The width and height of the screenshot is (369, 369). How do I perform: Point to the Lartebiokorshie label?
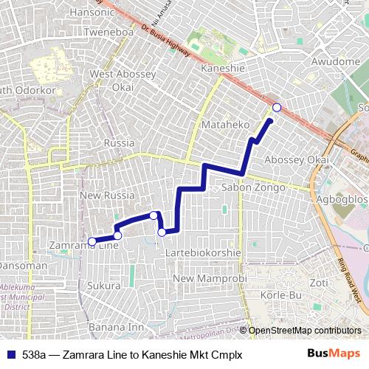coord(204,252)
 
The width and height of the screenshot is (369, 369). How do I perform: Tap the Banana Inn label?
coord(116,327)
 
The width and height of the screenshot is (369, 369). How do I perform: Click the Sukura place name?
coord(103,285)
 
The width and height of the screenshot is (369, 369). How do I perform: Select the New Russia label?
coord(107,196)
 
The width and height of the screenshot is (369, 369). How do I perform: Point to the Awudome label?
coord(335,62)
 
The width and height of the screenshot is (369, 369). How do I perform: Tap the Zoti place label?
coord(319,282)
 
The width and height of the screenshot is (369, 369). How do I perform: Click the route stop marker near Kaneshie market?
coord(277,108)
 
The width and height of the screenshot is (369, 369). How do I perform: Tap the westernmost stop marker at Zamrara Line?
coord(92,241)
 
